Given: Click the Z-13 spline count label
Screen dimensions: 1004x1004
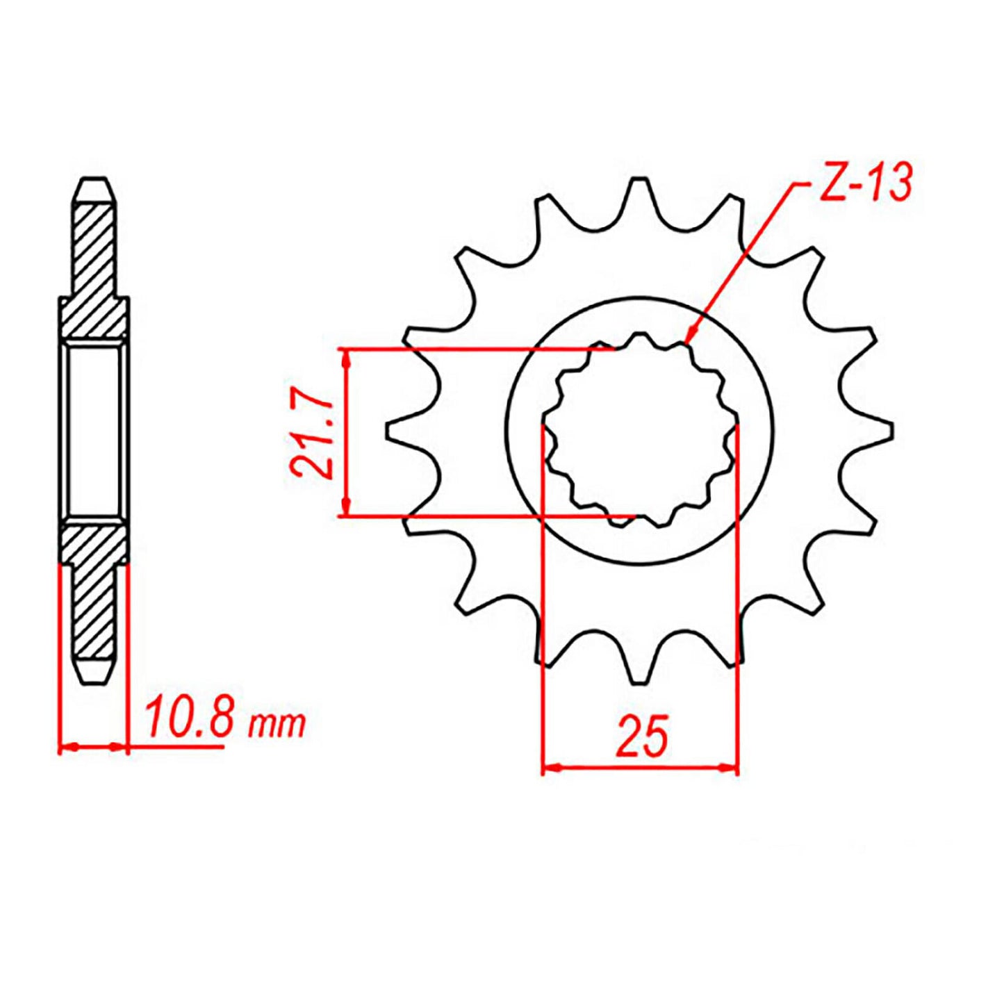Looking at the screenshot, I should [x=864, y=183].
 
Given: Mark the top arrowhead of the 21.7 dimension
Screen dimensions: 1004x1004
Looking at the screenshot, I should [x=345, y=356].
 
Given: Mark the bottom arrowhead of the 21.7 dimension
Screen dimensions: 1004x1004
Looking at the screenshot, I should [x=345, y=509].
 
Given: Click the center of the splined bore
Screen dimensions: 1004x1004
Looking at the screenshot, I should [x=640, y=431].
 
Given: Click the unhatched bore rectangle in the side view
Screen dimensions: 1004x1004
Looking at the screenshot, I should [x=94, y=431].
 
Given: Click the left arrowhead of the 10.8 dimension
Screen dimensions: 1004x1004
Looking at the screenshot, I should [x=65, y=748].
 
